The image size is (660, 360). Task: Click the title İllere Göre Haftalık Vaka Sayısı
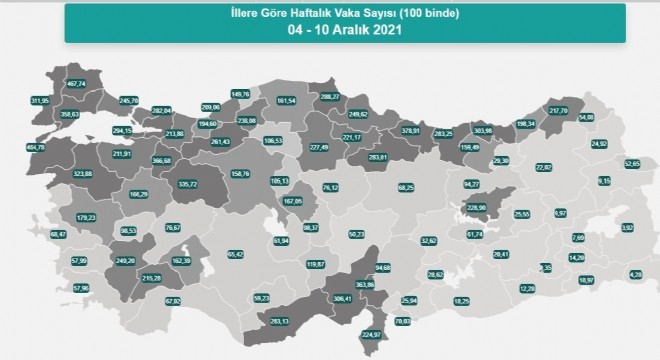click(331, 11)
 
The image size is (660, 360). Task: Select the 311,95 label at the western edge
click(39, 101)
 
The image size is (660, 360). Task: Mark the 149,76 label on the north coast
click(240, 96)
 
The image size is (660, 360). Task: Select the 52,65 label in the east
click(632, 163)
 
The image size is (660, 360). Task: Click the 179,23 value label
click(87, 218)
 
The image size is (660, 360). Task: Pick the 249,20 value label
click(125, 260)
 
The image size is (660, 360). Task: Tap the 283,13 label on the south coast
click(279, 321)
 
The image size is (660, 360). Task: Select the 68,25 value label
click(405, 187)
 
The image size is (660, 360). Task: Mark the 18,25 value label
click(461, 301)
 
